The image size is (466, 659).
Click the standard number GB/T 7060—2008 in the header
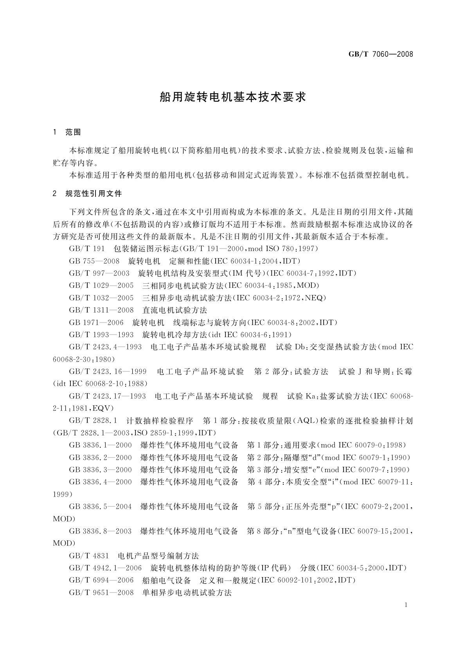coord(380,54)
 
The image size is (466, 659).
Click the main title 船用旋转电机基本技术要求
coord(233,97)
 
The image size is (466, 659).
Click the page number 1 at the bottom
coord(406,605)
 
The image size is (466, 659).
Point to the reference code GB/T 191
coord(87,248)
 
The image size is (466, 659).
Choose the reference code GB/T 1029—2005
coord(101,285)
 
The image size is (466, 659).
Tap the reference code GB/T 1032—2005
coord(101,298)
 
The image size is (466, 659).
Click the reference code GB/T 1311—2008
coord(101,310)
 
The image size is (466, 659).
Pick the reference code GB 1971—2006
coord(96,322)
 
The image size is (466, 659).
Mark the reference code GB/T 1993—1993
coord(101,335)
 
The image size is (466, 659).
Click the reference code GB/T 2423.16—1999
coord(108,371)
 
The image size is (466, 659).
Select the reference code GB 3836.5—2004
coord(101,506)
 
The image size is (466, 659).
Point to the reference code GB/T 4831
coord(89,556)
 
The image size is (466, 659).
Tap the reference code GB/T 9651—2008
coord(101,592)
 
